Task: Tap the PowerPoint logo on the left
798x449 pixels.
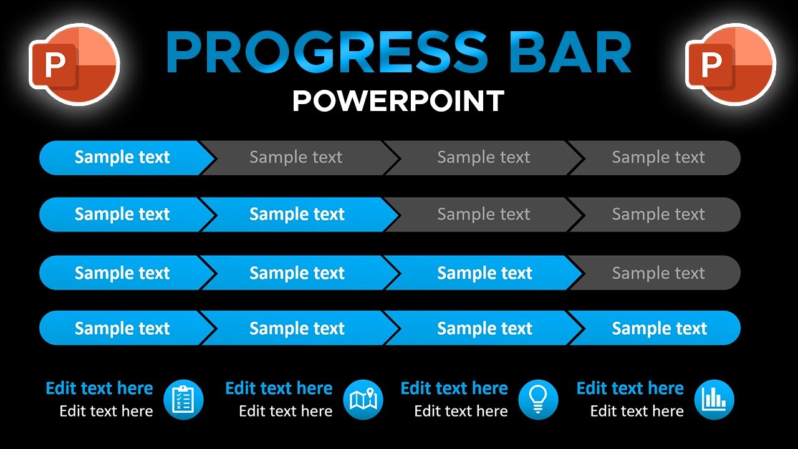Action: coord(74,64)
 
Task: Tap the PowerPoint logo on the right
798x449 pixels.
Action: coord(730,64)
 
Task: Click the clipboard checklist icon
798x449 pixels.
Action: coord(183,400)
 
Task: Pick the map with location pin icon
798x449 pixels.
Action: coord(363,400)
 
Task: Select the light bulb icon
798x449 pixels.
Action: coord(538,400)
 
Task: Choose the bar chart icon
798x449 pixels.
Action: coord(714,400)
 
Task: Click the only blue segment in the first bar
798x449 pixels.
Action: coord(122,158)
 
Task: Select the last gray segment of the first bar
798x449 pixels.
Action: coord(658,158)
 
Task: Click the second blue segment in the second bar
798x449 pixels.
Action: coord(297,215)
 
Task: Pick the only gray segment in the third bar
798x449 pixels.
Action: coord(658,273)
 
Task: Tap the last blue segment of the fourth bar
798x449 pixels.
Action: coord(659,328)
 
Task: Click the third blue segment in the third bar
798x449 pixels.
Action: coord(484,273)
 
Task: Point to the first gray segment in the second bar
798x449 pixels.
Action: coord(483,215)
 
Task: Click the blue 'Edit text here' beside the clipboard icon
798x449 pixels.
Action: coord(99,389)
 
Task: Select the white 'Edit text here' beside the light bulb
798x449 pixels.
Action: coord(461,412)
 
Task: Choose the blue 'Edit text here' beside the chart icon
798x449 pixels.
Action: coord(630,389)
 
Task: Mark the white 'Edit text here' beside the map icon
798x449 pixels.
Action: coord(286,412)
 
